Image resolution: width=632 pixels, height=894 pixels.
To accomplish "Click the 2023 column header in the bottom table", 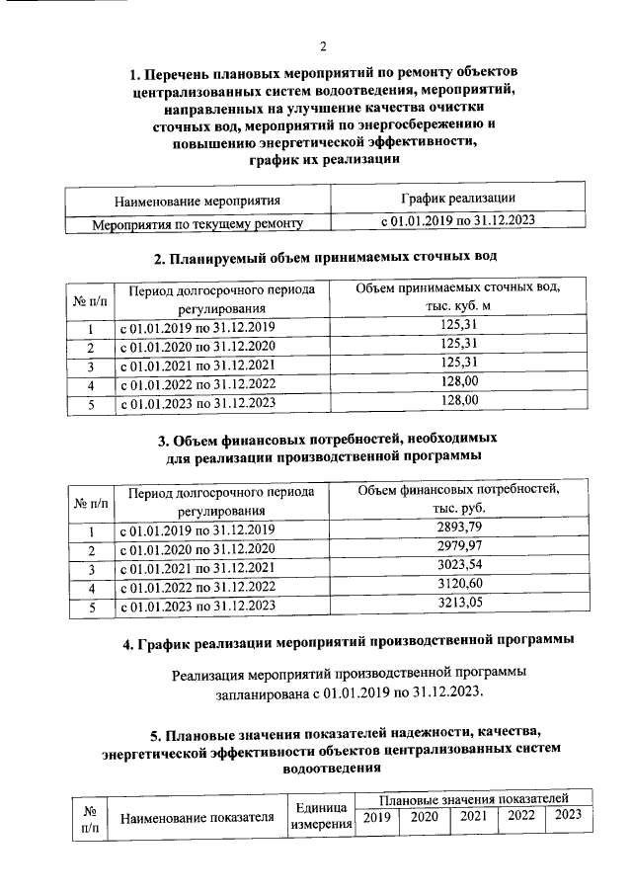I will [568, 815].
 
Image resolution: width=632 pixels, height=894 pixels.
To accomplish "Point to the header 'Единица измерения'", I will [321, 816].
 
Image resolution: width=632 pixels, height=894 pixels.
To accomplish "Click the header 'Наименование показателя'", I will [196, 817].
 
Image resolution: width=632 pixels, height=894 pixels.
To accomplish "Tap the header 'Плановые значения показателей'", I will [473, 797].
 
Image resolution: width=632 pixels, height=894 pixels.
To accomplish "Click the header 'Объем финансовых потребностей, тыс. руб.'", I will [458, 499].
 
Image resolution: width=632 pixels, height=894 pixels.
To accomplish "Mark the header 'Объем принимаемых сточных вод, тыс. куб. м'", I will [458, 296].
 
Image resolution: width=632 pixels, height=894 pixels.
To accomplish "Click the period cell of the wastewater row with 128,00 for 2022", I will [197, 383].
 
